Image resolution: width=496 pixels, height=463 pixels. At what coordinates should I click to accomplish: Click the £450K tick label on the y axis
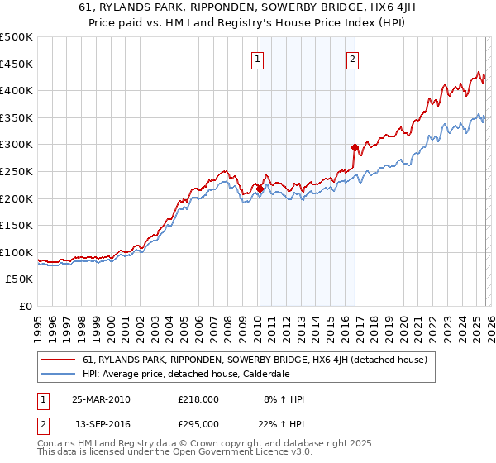coord(17,64)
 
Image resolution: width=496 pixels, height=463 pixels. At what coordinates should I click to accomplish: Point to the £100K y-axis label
coord(17,252)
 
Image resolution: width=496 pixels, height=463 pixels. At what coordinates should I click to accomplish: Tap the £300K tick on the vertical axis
coord(17,145)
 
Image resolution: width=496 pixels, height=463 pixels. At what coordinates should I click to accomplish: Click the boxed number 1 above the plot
coord(258,59)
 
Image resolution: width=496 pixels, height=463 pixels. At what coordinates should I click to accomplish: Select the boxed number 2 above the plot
coord(353,59)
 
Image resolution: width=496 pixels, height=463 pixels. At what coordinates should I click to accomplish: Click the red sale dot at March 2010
coord(260,189)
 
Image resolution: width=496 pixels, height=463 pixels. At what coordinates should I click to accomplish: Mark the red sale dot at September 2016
coord(355,147)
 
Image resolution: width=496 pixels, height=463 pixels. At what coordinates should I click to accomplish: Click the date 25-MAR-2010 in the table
coord(101,399)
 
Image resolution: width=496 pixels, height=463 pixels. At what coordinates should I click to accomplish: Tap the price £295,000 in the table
coord(198,424)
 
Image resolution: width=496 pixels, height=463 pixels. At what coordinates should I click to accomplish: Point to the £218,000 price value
coord(198,399)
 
